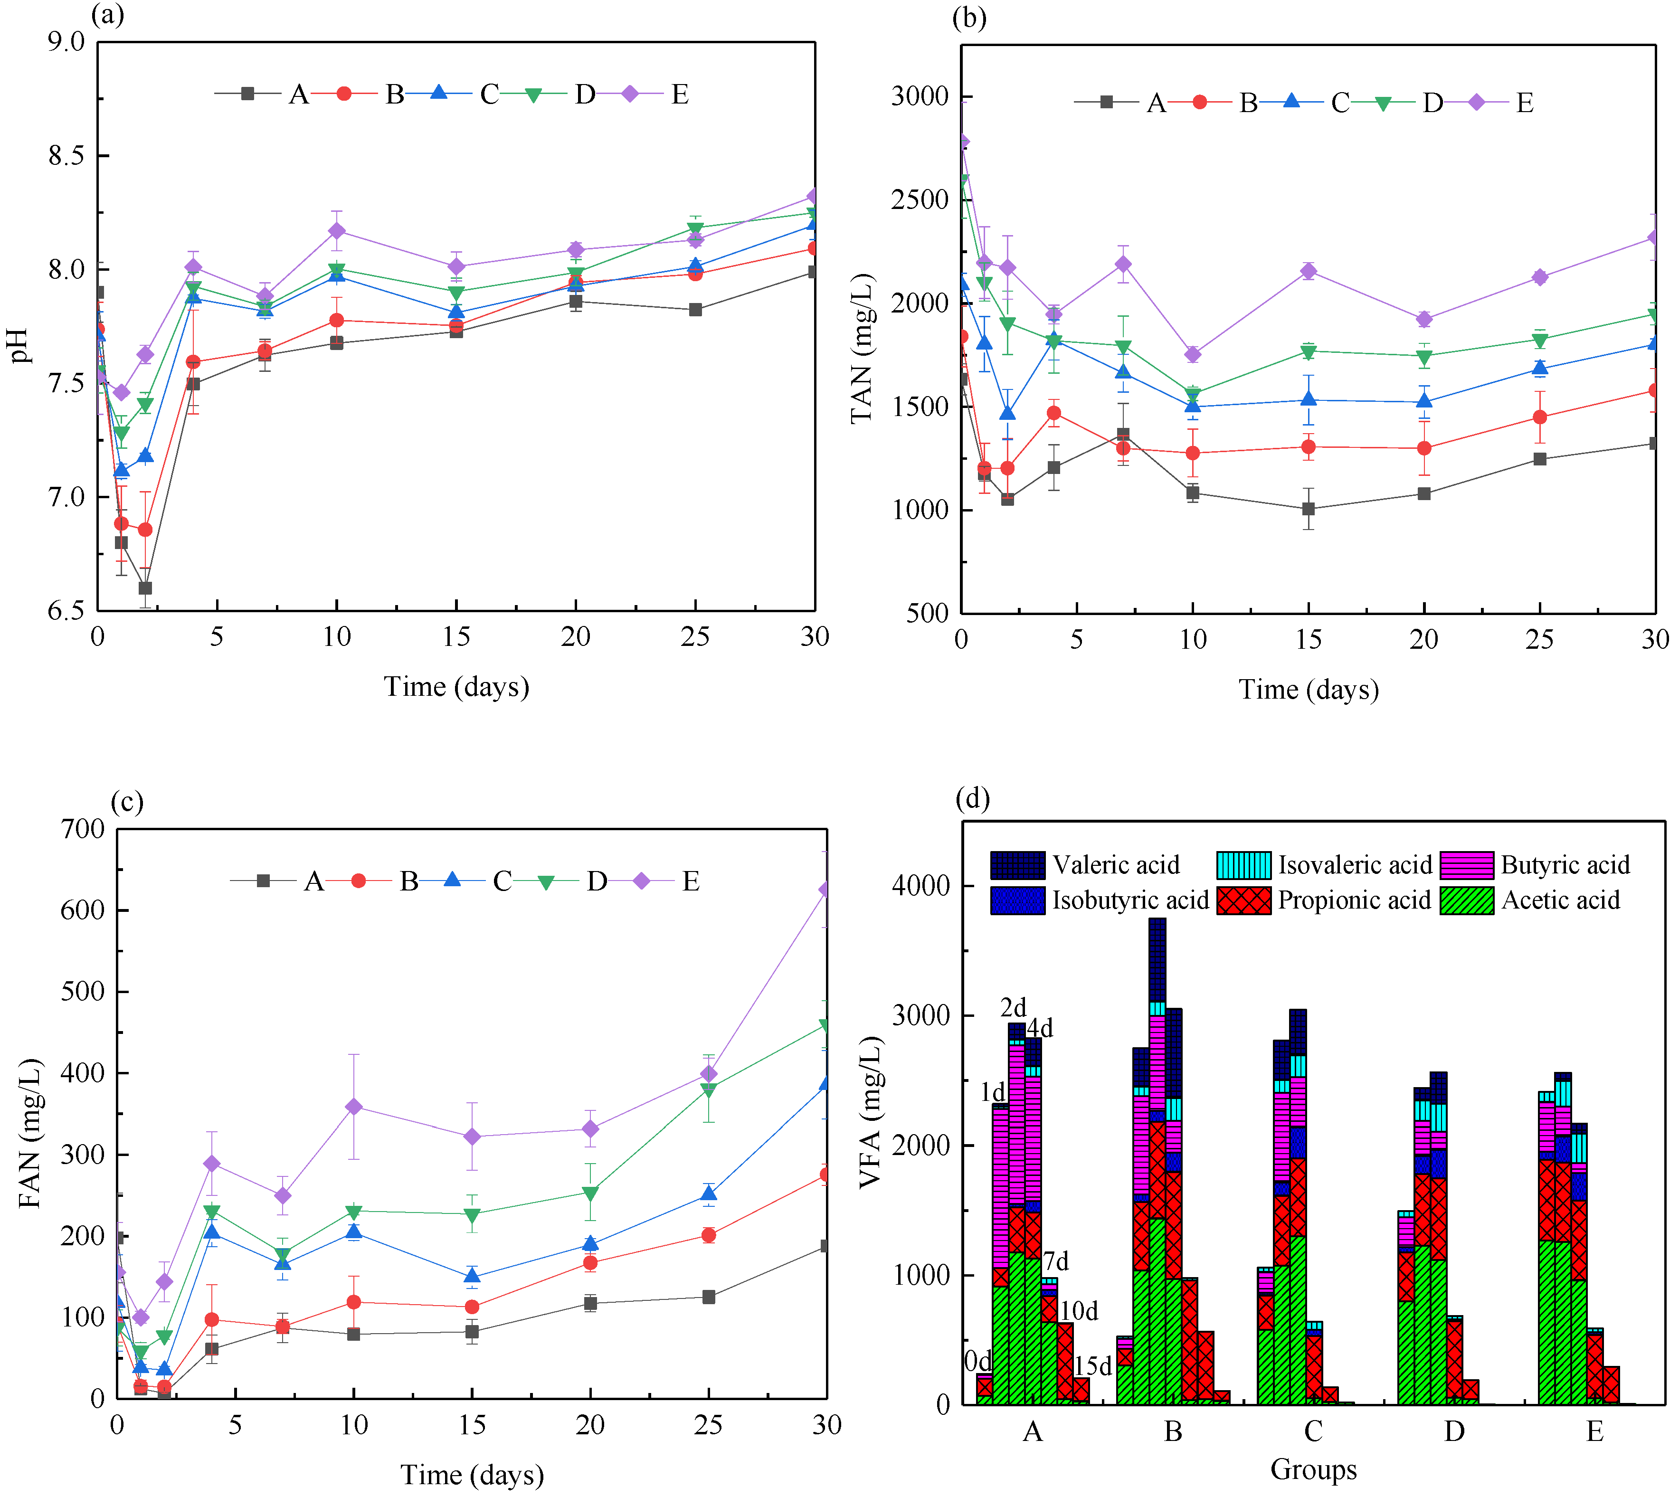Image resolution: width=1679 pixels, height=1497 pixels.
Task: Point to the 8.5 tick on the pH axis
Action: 66,155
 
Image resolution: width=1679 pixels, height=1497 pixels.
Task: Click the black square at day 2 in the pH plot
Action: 145,588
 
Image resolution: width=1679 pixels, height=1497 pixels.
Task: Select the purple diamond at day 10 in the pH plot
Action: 336,231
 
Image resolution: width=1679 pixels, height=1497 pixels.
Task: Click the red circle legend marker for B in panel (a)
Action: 344,94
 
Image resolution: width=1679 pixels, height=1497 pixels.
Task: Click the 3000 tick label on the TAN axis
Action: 920,96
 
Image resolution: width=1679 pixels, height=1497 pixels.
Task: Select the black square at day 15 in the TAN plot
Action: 1308,509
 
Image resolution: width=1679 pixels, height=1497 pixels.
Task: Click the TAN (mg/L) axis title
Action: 861,349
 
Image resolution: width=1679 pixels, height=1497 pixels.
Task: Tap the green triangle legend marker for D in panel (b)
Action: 1384,103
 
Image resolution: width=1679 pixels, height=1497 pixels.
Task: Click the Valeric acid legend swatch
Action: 1017,865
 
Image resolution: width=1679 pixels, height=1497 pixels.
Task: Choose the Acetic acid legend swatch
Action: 1467,900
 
